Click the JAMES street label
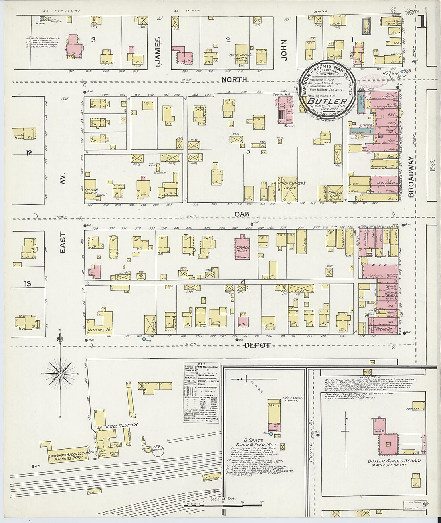pyautogui.click(x=158, y=50)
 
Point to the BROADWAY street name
pyautogui.click(x=411, y=176)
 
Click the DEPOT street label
pyautogui.click(x=257, y=345)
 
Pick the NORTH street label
pyautogui.click(x=234, y=80)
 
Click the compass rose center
pyautogui.click(x=60, y=374)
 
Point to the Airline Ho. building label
pyautogui.click(x=99, y=330)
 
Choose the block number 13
pyautogui.click(x=27, y=284)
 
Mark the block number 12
pyautogui.click(x=28, y=153)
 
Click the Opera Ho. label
pyautogui.click(x=384, y=329)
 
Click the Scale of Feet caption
pyautogui.click(x=223, y=499)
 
